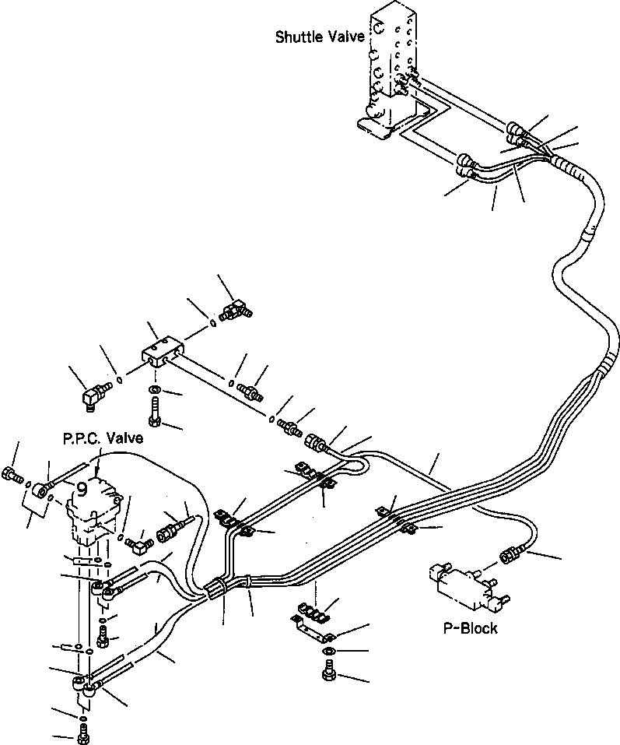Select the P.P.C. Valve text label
[103, 439]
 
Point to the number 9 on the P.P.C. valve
[82, 489]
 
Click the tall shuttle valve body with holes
[389, 54]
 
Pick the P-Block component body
[464, 584]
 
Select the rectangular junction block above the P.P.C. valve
[163, 351]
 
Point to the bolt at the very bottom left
[83, 733]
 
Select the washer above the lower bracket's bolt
[329, 651]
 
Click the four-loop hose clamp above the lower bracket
[311, 611]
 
